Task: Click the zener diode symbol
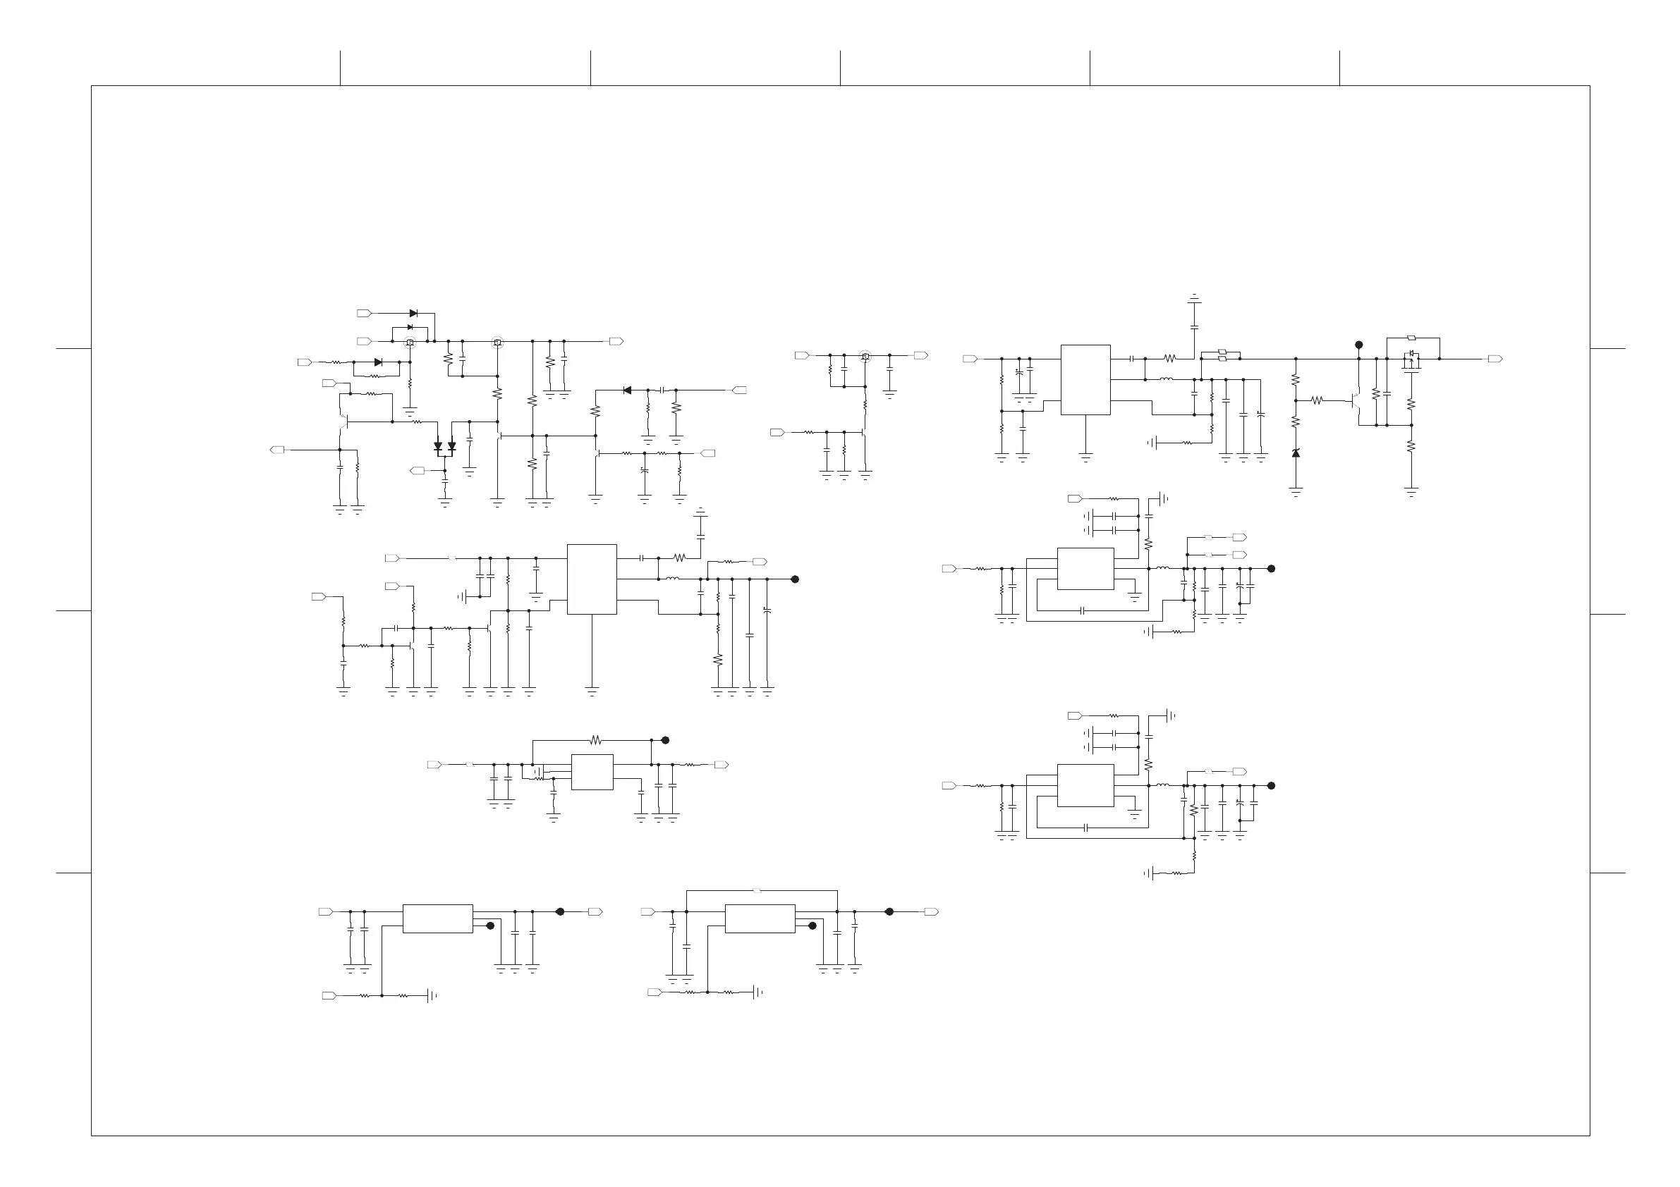click(1296, 453)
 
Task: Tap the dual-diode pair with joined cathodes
click(445, 446)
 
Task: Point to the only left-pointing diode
click(627, 390)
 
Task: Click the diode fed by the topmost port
click(413, 313)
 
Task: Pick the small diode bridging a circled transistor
click(410, 327)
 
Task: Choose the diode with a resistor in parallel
click(377, 362)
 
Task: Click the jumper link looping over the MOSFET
click(1411, 338)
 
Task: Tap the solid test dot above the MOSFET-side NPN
click(1359, 345)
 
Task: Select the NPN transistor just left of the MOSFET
click(1356, 401)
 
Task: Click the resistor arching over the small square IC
click(595, 740)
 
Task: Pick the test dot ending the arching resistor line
click(665, 740)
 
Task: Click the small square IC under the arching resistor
click(592, 772)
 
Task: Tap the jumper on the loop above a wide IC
click(758, 891)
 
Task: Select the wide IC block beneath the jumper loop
click(760, 918)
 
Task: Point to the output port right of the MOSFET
click(1496, 359)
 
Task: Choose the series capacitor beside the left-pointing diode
click(663, 390)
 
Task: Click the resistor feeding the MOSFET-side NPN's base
click(1316, 400)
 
